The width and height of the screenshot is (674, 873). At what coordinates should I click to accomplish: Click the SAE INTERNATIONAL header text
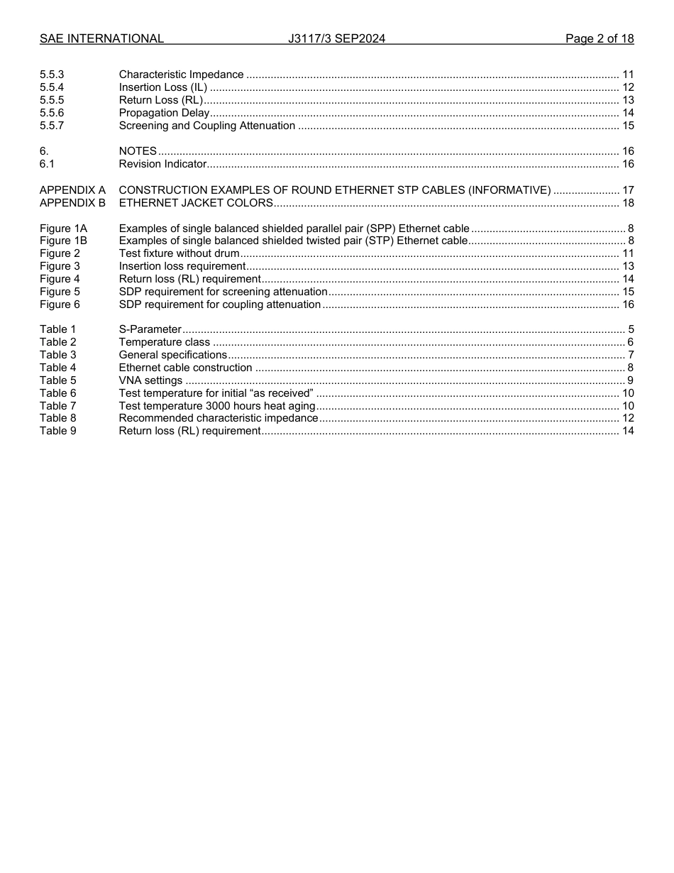(101, 38)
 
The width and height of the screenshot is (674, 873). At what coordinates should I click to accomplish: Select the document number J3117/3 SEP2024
(336, 38)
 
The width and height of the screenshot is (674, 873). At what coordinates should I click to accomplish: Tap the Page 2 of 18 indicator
(600, 38)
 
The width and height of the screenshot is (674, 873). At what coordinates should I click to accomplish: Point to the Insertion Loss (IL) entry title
(163, 87)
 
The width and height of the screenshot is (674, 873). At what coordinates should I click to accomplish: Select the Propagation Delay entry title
(164, 113)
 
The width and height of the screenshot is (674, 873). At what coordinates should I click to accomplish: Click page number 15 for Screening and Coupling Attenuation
(628, 126)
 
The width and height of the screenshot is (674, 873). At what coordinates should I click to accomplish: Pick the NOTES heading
(138, 151)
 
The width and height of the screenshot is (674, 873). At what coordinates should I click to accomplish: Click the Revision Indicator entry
(162, 164)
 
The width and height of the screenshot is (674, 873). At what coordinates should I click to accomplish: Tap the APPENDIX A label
(72, 190)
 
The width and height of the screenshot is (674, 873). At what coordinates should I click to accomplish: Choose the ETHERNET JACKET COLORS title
(196, 203)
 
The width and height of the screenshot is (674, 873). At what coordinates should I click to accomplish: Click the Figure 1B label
(63, 241)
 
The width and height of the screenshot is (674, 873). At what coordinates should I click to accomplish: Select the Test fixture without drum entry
(179, 253)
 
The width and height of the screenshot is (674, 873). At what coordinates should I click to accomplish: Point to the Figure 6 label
(60, 304)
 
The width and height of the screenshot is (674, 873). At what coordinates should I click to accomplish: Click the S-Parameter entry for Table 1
(150, 329)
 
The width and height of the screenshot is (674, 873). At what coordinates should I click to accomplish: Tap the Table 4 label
(57, 368)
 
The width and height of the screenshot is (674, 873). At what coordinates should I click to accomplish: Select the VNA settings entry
(150, 380)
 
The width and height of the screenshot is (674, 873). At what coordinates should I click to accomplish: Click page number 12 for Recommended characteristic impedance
(628, 418)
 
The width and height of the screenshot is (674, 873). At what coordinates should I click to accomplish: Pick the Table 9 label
(57, 431)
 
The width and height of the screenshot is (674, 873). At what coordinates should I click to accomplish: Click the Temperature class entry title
(164, 342)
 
